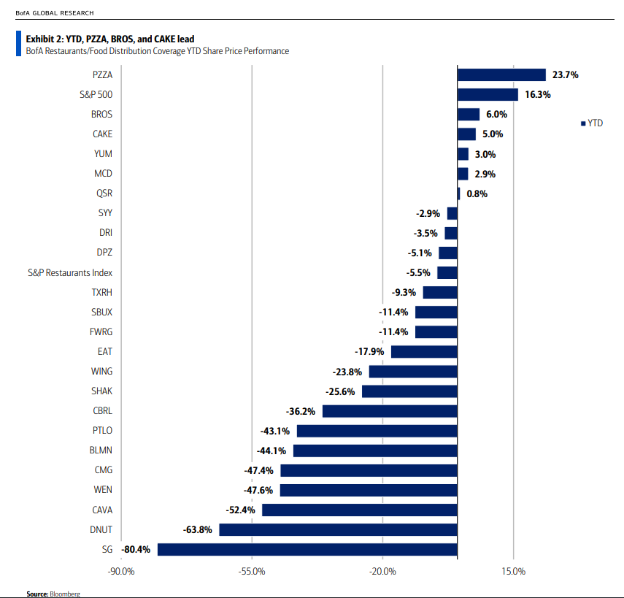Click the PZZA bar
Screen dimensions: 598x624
pyautogui.click(x=501, y=74)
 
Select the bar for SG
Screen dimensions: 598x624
pyautogui.click(x=307, y=549)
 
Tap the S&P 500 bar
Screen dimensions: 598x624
pyautogui.click(x=488, y=94)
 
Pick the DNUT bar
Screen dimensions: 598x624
pyautogui.click(x=338, y=529)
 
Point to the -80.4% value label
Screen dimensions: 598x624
pyautogui.click(x=136, y=549)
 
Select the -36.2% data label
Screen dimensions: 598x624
pyautogui.click(x=301, y=411)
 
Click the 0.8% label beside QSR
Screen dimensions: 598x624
pyautogui.click(x=477, y=193)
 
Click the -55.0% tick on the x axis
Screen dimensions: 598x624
pyautogui.click(x=252, y=571)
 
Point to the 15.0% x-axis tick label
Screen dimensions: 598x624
pyautogui.click(x=514, y=571)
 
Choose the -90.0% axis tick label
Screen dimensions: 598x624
pyautogui.click(x=120, y=571)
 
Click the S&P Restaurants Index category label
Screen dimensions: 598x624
pyautogui.click(x=70, y=272)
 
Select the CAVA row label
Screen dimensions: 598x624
pyautogui.click(x=101, y=510)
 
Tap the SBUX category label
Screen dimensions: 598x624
pyautogui.click(x=101, y=312)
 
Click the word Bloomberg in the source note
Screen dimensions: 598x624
pyautogui.click(x=64, y=594)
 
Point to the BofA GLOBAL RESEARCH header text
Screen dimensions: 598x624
pyautogui.click(x=55, y=13)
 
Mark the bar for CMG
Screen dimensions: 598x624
pyautogui.click(x=369, y=470)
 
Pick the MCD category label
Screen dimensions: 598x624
pyautogui.click(x=103, y=174)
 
